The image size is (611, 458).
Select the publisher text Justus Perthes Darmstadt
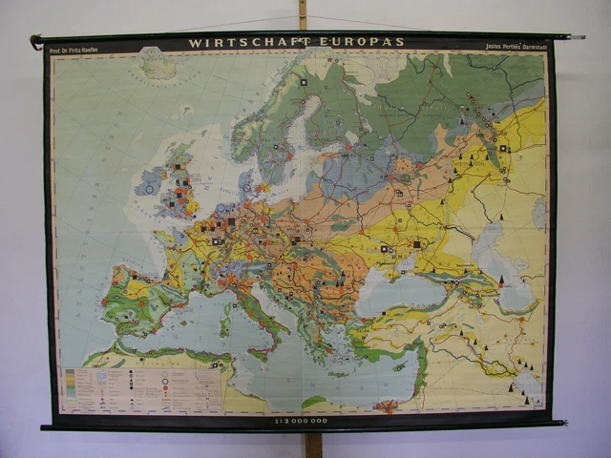click(x=516, y=44)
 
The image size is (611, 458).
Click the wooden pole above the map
click(x=303, y=14)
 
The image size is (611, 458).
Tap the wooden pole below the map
click(x=312, y=445)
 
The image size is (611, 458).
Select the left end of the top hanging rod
click(x=35, y=40)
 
